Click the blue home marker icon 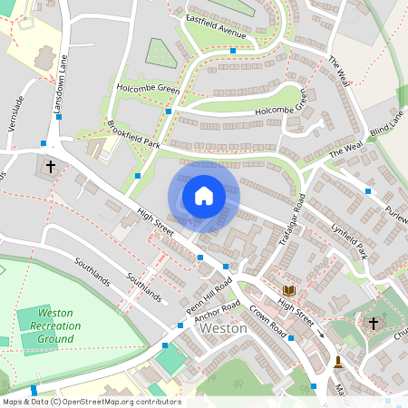click(x=204, y=196)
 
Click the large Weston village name click(x=223, y=328)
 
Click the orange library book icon click(x=289, y=290)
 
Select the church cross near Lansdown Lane click(x=50, y=168)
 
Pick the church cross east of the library click(x=373, y=323)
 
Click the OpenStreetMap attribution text click(x=91, y=402)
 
